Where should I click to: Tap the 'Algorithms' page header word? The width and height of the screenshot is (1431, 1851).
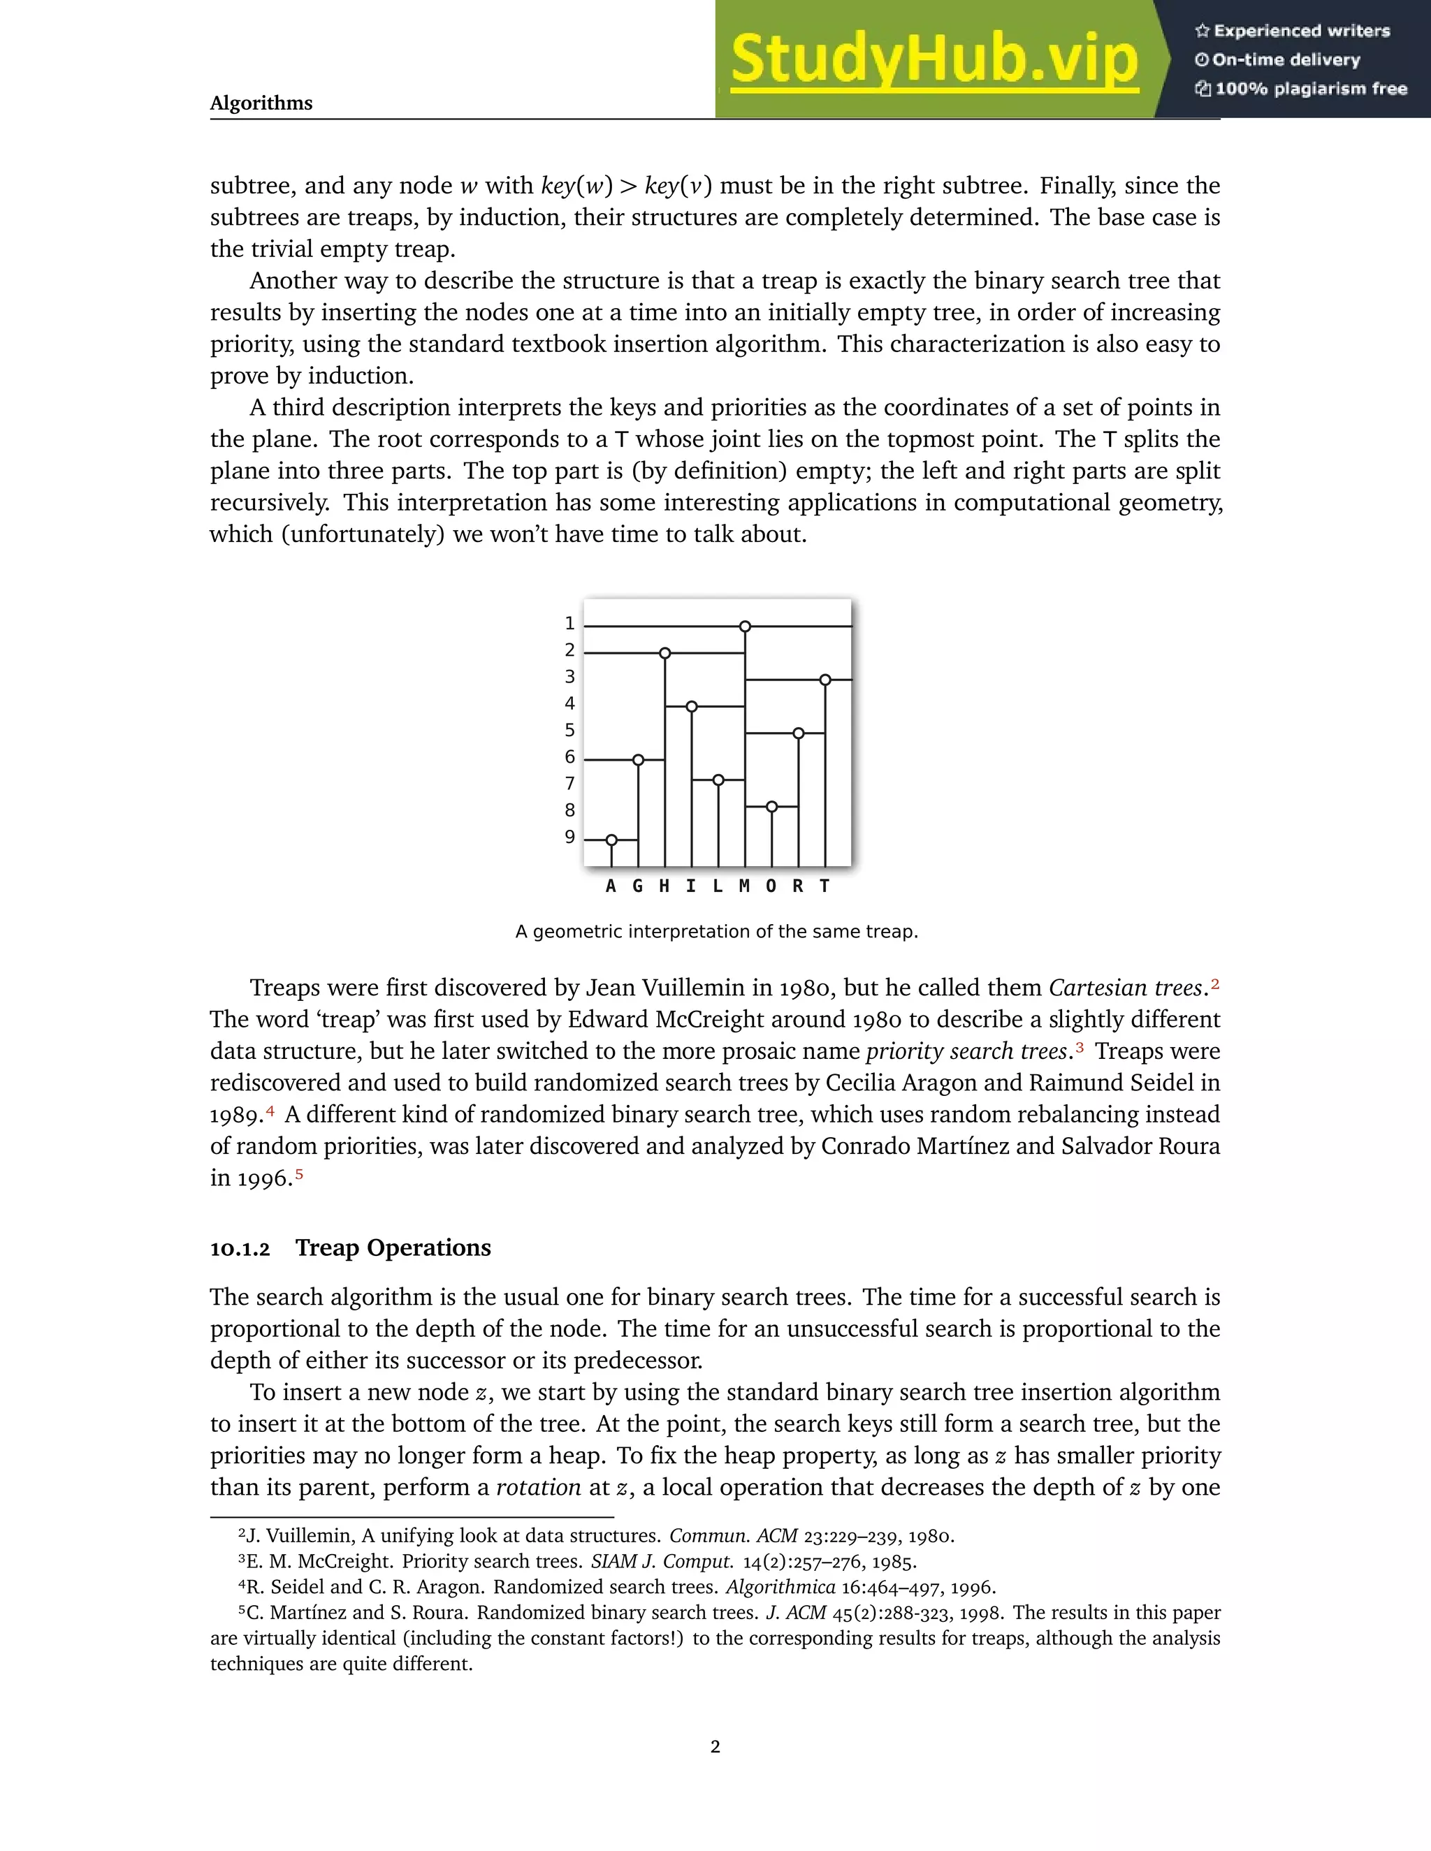(x=261, y=103)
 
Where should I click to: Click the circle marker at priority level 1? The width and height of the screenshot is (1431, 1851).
(x=744, y=627)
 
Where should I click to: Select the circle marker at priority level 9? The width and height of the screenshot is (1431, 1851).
(x=611, y=840)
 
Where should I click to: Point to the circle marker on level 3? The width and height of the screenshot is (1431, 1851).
(x=825, y=680)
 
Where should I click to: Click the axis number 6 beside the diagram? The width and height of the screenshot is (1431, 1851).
(x=569, y=757)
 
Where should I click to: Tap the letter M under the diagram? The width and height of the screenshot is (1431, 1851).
(x=744, y=886)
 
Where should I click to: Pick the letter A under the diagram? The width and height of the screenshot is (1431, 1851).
(x=611, y=886)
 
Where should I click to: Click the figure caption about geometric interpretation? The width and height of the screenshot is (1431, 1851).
(x=716, y=931)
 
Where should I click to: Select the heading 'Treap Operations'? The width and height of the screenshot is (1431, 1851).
(x=393, y=1248)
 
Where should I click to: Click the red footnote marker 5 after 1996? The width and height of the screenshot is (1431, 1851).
(x=298, y=1175)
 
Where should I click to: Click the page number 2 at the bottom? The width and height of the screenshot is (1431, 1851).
(x=715, y=1747)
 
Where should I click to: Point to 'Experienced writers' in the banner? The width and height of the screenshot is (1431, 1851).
(x=1301, y=31)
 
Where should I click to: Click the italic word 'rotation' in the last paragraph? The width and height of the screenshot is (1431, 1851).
(x=537, y=1487)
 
